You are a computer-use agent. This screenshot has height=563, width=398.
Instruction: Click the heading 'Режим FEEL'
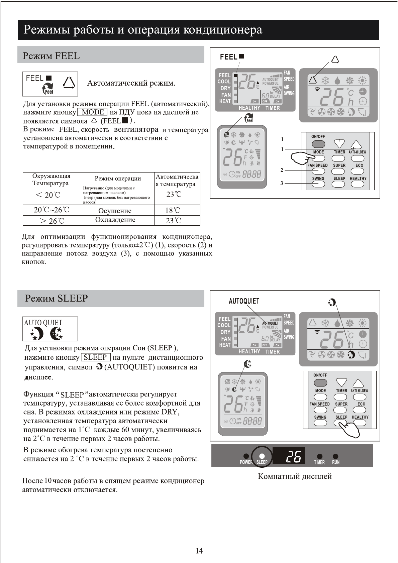coord(51,56)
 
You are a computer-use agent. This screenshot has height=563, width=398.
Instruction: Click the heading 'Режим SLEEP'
coord(56,298)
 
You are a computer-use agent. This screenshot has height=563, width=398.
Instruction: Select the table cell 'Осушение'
coord(115,211)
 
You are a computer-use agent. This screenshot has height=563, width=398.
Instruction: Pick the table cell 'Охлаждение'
coord(115,220)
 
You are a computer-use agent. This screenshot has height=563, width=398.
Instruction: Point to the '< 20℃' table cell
coord(47,195)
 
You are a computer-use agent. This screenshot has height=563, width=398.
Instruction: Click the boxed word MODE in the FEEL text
coord(92,112)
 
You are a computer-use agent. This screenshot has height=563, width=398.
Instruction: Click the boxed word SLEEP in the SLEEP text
coord(96,357)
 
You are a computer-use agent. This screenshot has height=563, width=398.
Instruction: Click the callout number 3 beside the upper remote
coord(282,183)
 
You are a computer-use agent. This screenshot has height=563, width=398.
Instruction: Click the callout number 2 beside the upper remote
coord(282,171)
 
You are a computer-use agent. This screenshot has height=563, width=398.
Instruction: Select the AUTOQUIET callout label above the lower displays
coord(244,301)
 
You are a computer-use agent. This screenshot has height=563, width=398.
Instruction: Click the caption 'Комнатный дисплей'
coord(295,476)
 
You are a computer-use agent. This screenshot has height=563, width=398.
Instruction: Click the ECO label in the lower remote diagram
coord(361,404)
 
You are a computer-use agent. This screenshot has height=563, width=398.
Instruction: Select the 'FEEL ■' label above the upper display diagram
coord(232,57)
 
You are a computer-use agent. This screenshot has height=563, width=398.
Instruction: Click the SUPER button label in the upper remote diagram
coord(339,165)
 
